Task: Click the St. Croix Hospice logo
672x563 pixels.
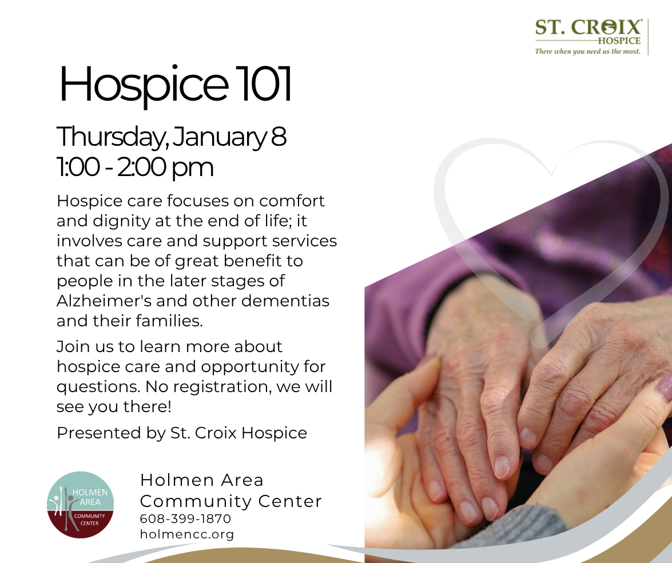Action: (x=591, y=37)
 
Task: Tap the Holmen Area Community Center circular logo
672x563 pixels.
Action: (x=80, y=505)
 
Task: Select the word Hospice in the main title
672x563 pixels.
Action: (x=143, y=85)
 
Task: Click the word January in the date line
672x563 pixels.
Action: (x=220, y=138)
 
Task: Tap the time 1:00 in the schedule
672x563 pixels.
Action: (x=78, y=167)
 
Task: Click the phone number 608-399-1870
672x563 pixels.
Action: (x=185, y=518)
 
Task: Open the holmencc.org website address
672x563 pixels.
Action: (x=187, y=534)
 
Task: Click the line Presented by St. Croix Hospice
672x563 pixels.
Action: (x=182, y=433)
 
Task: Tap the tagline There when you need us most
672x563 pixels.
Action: (x=587, y=51)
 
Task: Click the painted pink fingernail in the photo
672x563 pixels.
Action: (x=665, y=385)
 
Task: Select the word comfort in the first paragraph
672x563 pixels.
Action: (x=292, y=201)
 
